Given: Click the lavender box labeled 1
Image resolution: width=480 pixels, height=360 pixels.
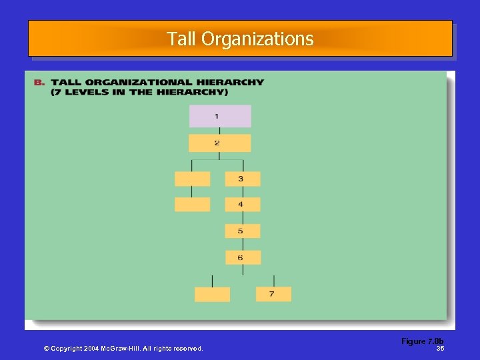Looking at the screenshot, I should click(220, 116).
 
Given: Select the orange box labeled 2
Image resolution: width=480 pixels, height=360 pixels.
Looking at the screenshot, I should click(219, 143).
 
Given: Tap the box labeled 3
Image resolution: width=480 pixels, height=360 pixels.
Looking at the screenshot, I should click(243, 179).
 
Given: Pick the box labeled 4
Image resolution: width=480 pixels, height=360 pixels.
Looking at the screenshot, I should click(243, 205).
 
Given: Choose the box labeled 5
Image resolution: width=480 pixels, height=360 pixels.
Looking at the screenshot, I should click(243, 231).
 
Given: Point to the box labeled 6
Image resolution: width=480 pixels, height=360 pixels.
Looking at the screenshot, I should click(243, 257).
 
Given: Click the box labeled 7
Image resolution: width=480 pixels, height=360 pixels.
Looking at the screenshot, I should click(273, 294).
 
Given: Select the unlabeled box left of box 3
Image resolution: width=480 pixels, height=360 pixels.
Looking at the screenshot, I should click(192, 179).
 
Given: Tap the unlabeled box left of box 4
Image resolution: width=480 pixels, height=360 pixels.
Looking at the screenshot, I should click(192, 205).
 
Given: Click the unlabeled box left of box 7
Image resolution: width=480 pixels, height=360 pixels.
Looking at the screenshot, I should click(212, 294).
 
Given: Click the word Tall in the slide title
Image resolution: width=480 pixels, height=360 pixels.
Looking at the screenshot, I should click(181, 39).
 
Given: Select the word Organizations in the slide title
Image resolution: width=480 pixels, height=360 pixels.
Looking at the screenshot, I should click(257, 39).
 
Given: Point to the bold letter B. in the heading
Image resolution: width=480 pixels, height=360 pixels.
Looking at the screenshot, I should click(39, 83).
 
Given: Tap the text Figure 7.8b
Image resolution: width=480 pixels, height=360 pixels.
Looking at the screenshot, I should click(422, 341).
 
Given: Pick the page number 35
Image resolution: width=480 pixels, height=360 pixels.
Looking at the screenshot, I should click(440, 349).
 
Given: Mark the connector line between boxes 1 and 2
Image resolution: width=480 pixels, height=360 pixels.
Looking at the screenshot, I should click(219, 131).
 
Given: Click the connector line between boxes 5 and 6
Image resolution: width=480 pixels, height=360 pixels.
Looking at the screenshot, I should click(243, 244).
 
